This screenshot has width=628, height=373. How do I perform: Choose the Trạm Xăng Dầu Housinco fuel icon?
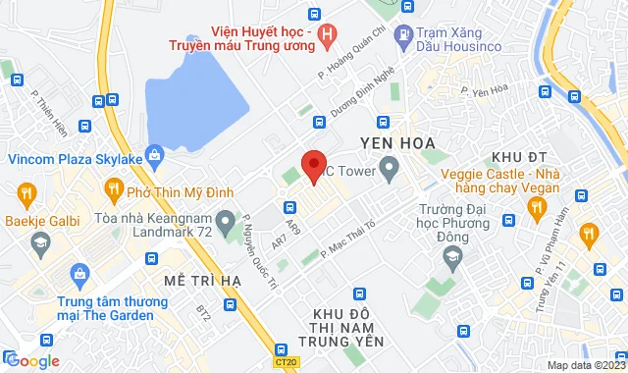tap(403, 35)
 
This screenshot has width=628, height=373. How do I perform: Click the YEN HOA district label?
tap(403, 143)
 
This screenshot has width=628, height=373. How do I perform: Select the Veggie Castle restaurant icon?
tap(536, 206)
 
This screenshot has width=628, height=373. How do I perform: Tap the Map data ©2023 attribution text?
tap(584, 365)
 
